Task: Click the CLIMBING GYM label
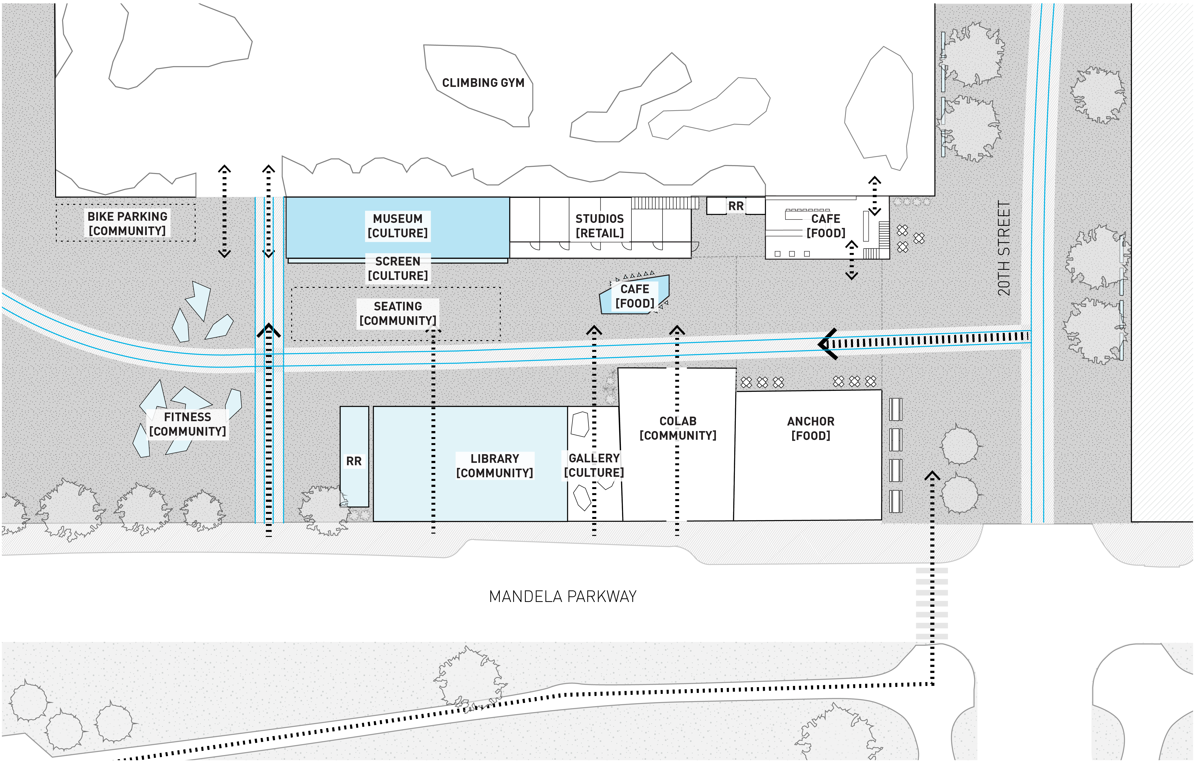(x=483, y=83)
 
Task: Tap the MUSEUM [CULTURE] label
(x=398, y=226)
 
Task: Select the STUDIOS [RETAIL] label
(x=599, y=226)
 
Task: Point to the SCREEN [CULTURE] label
(x=398, y=269)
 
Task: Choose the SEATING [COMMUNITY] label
(x=398, y=313)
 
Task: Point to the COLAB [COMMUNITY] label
(x=678, y=428)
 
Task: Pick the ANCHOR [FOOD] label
(x=811, y=428)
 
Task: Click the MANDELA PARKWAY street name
(x=563, y=596)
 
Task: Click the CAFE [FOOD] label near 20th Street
(x=826, y=226)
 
